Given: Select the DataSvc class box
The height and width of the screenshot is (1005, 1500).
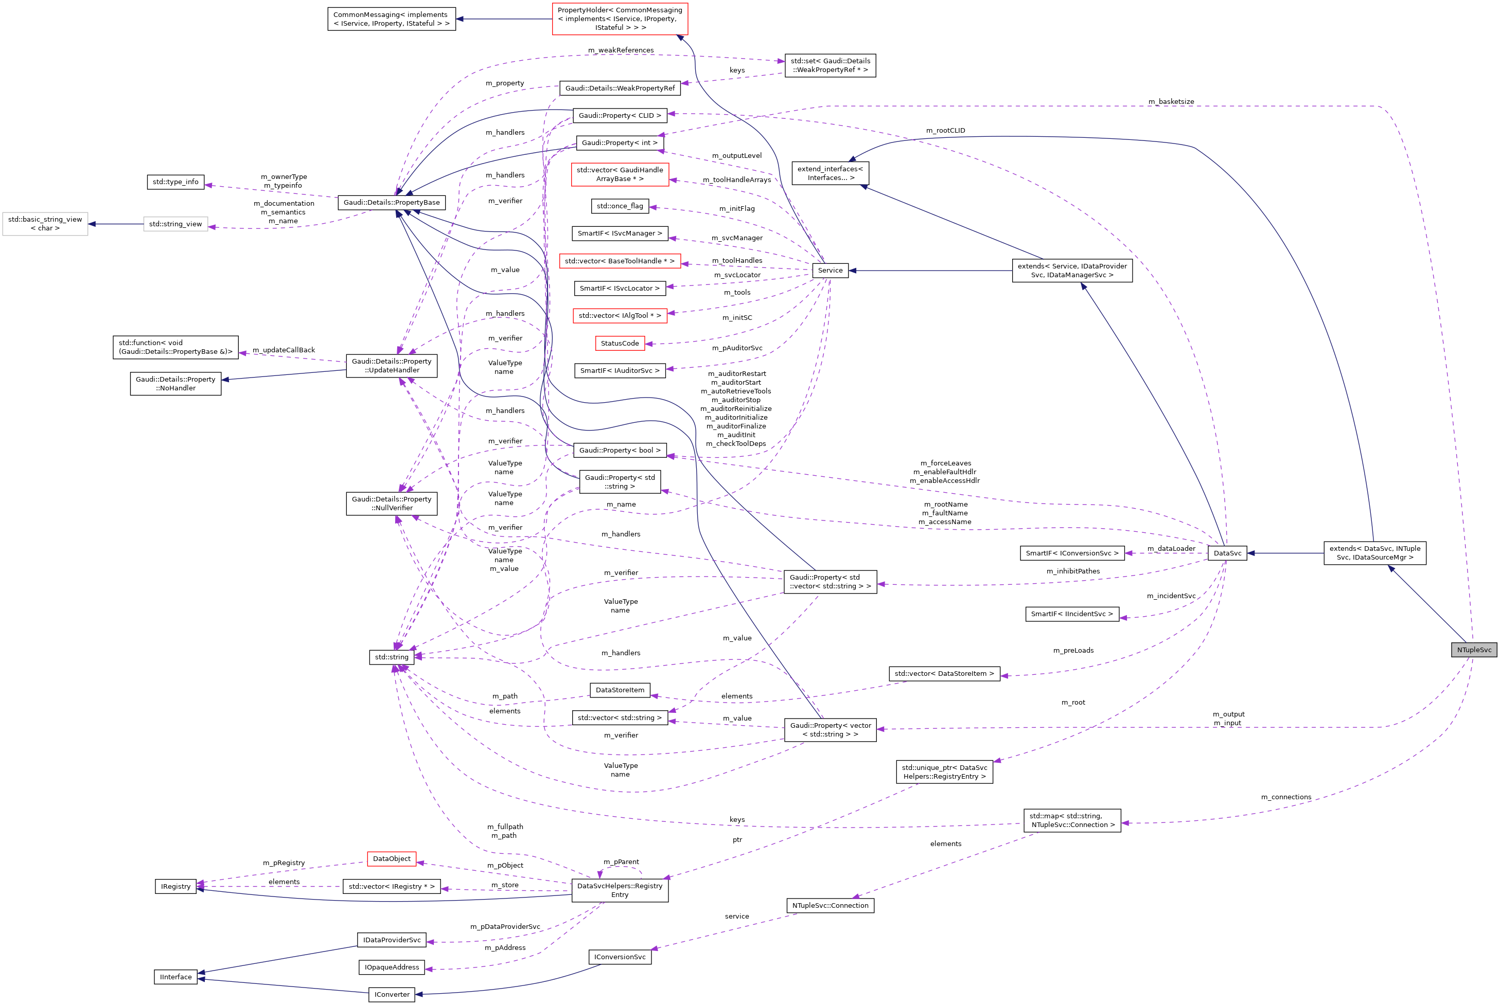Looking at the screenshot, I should (1227, 553).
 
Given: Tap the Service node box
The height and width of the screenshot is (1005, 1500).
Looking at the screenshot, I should (830, 271).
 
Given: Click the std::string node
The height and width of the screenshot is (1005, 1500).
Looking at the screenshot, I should (391, 657).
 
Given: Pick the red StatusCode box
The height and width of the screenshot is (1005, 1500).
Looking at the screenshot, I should (620, 344).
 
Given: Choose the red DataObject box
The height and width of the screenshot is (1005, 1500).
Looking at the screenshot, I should (391, 859).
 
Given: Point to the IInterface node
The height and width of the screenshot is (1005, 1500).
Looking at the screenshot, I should (175, 977).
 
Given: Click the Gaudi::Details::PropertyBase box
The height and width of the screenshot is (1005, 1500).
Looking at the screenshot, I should (391, 203).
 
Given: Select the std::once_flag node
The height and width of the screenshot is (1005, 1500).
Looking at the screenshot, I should (620, 206).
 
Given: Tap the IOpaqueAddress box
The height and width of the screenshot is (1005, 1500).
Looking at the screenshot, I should (391, 967).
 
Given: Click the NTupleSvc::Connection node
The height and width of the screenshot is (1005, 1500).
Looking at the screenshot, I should (830, 906).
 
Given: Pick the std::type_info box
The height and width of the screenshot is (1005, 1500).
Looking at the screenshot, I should (175, 182).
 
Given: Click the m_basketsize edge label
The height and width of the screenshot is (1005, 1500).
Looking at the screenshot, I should (1171, 102).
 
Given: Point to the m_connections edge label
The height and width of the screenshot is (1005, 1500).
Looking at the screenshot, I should (1286, 797).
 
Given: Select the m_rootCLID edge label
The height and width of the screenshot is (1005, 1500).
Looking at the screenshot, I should (945, 131).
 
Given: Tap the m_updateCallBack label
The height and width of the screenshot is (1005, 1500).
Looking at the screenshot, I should (284, 350).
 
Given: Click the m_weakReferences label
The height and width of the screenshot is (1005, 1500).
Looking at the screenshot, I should (621, 50).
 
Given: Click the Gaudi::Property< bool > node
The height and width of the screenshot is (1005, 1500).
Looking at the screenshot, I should (620, 451).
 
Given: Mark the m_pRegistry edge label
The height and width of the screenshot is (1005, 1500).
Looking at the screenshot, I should (284, 863).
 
